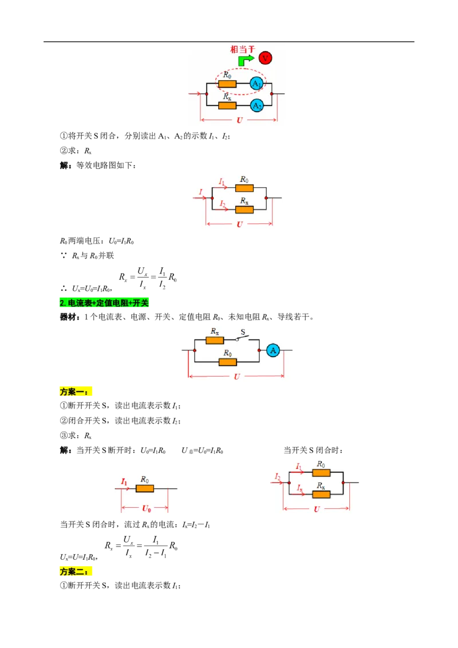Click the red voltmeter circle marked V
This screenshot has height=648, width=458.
coord(266,58)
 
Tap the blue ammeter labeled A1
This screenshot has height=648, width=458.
coord(256,84)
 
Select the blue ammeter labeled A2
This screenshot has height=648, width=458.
coord(256,106)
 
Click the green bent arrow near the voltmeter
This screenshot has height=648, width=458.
coord(246,60)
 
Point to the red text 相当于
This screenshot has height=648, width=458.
coord(243,49)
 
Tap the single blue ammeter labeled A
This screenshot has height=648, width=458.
coord(273,350)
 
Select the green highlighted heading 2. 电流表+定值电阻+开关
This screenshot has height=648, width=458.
coord(104,303)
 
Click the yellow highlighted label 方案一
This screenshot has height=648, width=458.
coord(76,392)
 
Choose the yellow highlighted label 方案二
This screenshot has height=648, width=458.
coord(76,571)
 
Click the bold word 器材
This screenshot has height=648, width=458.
coord(68,317)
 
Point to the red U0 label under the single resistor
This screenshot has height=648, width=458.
coord(147,508)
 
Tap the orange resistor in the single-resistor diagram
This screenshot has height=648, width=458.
coord(145,488)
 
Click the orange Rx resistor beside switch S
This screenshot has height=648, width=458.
coord(215,340)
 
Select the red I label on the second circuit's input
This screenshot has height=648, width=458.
coord(200,191)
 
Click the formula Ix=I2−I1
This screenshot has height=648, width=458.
coord(196,525)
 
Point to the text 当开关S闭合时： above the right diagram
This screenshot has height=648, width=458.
coord(313,450)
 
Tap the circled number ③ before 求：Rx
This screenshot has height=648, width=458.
coord(64,435)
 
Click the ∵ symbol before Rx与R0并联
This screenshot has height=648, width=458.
coord(64,255)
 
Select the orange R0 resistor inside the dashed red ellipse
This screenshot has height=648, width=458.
coord(227,84)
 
